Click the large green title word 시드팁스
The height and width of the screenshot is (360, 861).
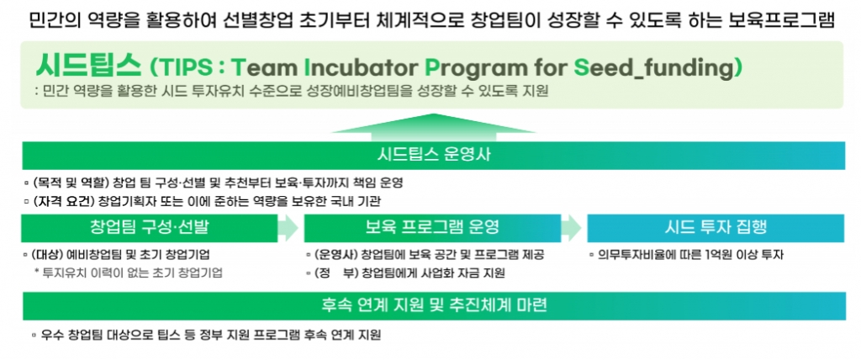(x=87, y=66)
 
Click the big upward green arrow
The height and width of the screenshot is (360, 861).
(x=433, y=124)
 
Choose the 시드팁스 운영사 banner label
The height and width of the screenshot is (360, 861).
(x=434, y=155)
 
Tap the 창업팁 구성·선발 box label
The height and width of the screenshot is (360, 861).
(x=150, y=228)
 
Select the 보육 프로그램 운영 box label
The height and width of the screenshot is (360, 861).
(x=432, y=228)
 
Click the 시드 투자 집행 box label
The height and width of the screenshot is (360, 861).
(x=716, y=228)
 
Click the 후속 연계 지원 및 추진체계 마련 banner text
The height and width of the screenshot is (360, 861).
(x=434, y=305)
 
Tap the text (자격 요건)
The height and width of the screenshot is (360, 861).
(x=64, y=201)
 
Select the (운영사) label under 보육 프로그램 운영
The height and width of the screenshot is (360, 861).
(x=337, y=255)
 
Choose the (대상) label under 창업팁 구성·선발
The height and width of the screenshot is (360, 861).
(x=48, y=255)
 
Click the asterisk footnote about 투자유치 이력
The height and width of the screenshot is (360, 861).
(x=129, y=273)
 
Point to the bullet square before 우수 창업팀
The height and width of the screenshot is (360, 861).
(x=34, y=334)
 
